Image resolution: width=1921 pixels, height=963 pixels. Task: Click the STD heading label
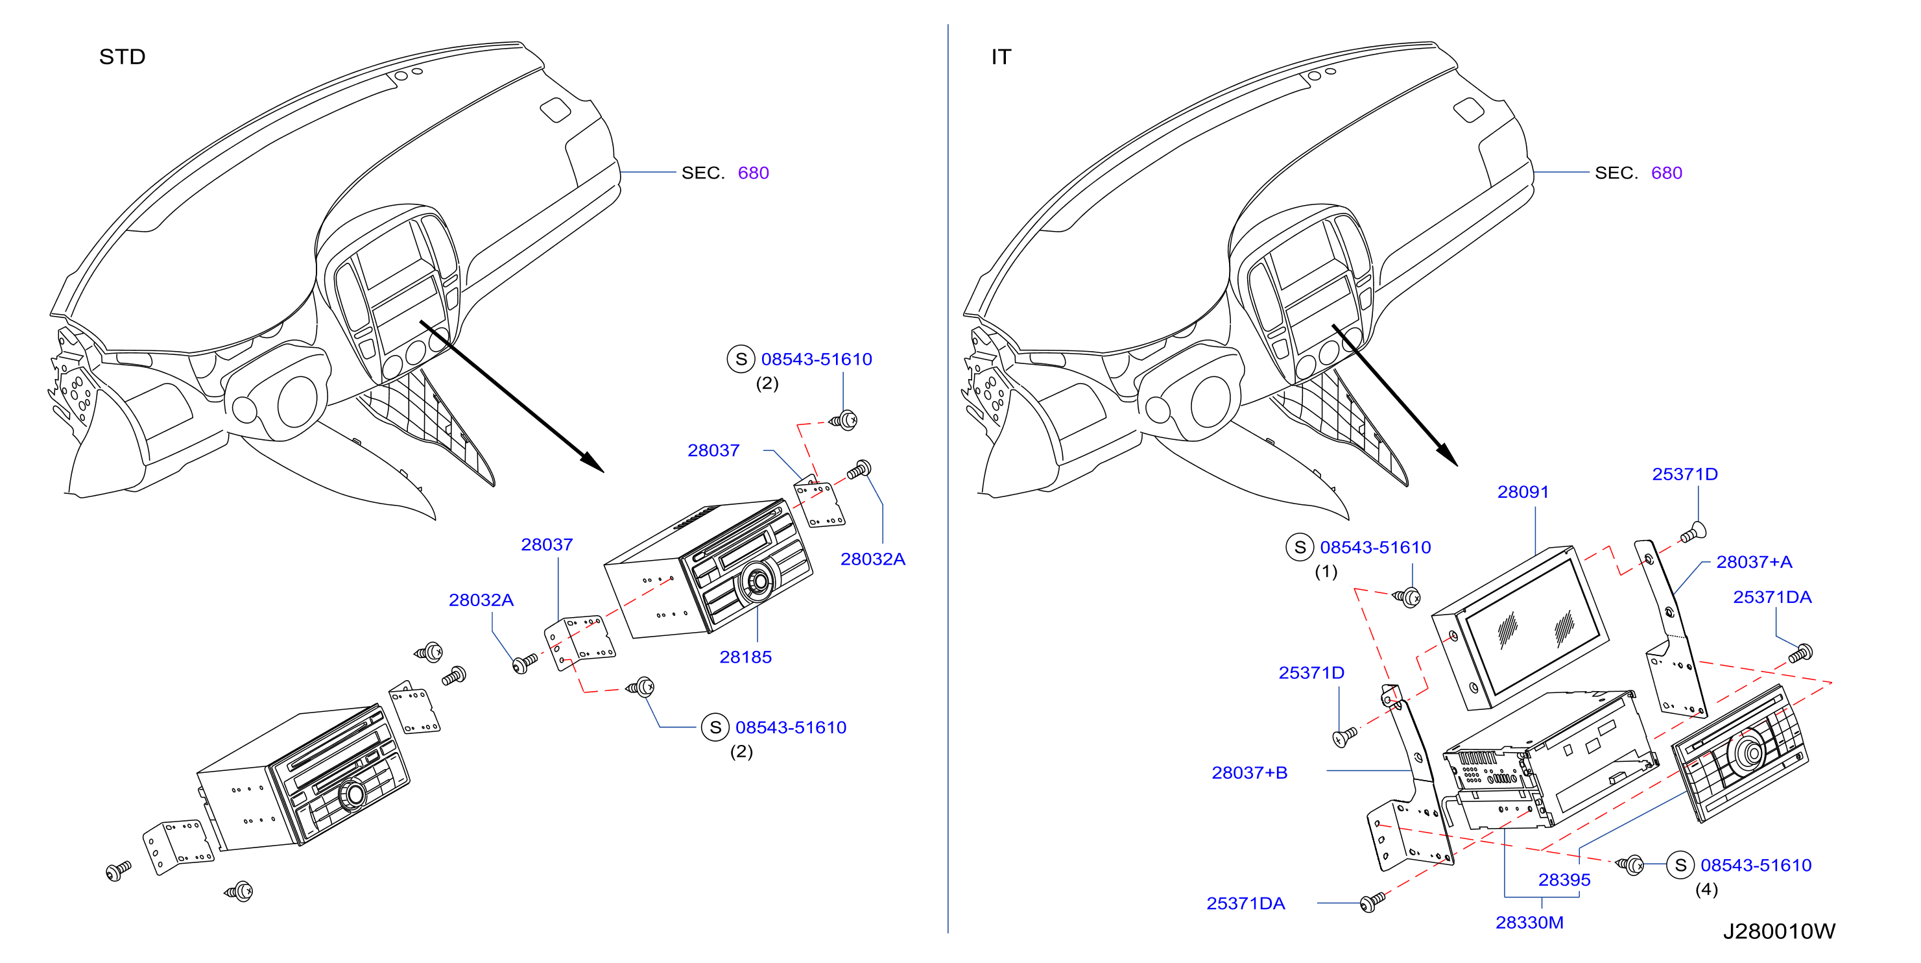tap(123, 56)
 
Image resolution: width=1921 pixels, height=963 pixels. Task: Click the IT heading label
tap(1001, 56)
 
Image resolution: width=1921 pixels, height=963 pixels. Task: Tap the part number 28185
tap(745, 657)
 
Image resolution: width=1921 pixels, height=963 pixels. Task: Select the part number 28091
tap(1523, 493)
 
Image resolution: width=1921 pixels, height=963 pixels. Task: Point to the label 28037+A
tap(1754, 562)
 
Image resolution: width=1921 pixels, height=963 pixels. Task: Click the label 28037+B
tap(1249, 773)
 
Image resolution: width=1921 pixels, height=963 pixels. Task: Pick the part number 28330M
tap(1529, 923)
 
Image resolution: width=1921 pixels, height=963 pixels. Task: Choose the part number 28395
tap(1564, 880)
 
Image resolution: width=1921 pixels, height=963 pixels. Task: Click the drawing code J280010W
tap(1778, 931)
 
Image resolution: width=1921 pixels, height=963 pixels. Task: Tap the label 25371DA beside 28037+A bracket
tap(1772, 597)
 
